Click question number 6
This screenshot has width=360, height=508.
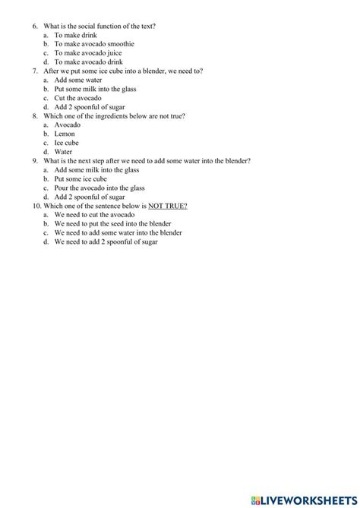click(x=35, y=26)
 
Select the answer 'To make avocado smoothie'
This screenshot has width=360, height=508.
click(x=94, y=44)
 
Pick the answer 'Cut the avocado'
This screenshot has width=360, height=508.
click(x=76, y=98)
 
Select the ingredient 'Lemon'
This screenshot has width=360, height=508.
click(x=65, y=134)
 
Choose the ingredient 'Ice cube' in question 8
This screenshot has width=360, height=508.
click(x=67, y=143)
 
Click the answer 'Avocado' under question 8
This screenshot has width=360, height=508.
click(x=68, y=125)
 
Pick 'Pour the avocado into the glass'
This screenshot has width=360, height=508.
click(x=99, y=188)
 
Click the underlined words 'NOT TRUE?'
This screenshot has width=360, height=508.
click(x=167, y=206)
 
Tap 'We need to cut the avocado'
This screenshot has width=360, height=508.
click(x=96, y=215)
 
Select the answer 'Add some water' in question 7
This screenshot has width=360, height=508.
click(x=77, y=80)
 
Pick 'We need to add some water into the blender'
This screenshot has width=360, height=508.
click(x=118, y=233)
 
